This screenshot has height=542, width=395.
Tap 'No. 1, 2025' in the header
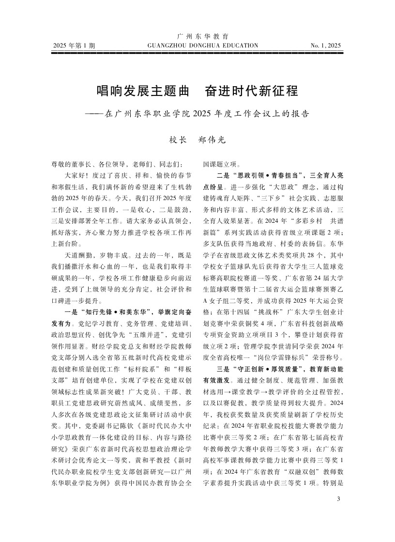326,46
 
